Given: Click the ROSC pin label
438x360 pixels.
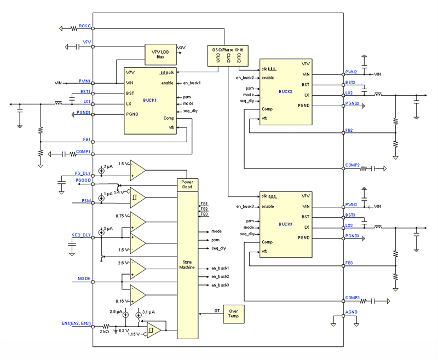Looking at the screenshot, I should pos(84,26).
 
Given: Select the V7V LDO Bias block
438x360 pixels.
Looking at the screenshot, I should pos(160,53).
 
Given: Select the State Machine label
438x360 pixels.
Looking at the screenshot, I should pos(187,264).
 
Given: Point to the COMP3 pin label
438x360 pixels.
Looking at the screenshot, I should pos(353,298).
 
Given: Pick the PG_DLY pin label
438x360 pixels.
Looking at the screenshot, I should pos(83,173).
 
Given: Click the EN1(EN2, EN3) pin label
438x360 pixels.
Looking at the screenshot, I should pos(76,324).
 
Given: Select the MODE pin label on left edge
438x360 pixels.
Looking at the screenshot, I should pos(84,278).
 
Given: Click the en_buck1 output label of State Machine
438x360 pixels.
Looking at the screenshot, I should pos(220,268).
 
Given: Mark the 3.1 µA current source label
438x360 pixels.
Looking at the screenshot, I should pos(148,311).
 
